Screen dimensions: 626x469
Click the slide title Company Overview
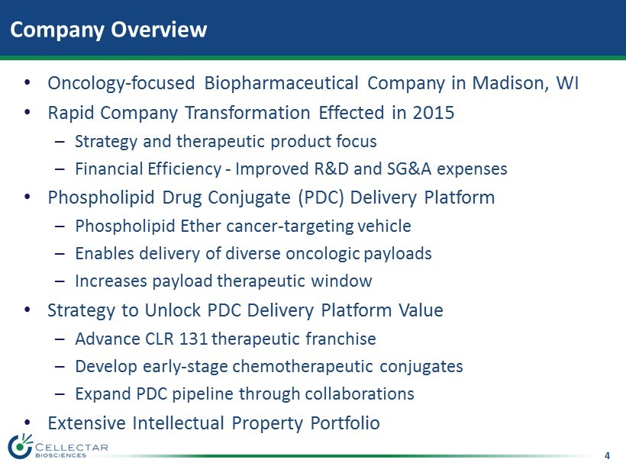point(108,30)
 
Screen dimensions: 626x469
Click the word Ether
point(201,226)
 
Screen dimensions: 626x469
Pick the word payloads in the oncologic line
point(398,254)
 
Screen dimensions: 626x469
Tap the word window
point(341,281)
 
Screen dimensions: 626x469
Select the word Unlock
point(173,310)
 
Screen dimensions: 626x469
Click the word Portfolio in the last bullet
point(345,423)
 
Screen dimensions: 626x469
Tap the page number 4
point(607,455)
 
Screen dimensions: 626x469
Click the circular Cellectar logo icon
point(20,446)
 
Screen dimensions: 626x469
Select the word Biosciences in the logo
point(60,455)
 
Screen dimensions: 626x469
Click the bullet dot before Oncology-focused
point(27,83)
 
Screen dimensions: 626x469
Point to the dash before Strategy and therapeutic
point(60,142)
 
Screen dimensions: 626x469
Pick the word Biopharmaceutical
point(281,83)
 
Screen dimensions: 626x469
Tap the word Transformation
point(247,112)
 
